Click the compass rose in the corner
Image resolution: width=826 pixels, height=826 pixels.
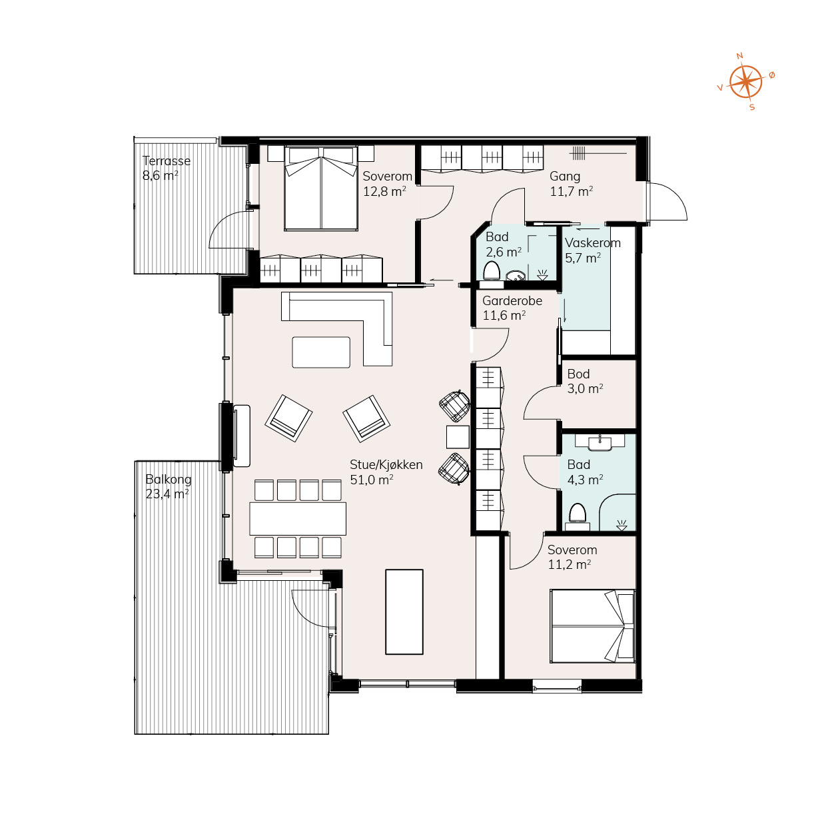coord(746,81)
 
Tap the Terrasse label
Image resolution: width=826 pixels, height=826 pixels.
coord(167,161)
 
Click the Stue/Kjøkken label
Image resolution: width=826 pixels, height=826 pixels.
coord(386,465)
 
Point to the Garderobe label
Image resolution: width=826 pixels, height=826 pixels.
coord(512,301)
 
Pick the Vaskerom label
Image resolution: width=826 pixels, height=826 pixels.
coord(593,243)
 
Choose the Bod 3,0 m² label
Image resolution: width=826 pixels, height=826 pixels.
coord(585,381)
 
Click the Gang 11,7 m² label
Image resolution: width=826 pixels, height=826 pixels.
coord(572,184)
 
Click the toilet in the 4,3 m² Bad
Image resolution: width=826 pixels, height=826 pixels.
coord(578,514)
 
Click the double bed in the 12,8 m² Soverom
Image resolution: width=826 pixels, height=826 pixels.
coord(321,189)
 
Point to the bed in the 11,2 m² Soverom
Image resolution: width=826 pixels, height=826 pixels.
coord(592,625)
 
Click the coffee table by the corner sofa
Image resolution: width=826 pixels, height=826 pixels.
coord(321,352)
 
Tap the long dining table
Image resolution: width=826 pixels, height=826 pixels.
coord(298,519)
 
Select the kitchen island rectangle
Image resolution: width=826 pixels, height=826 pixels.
coord(404,612)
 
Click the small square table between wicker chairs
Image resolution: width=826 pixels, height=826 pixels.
coord(458,437)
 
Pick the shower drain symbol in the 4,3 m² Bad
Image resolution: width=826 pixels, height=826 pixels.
coord(621,526)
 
